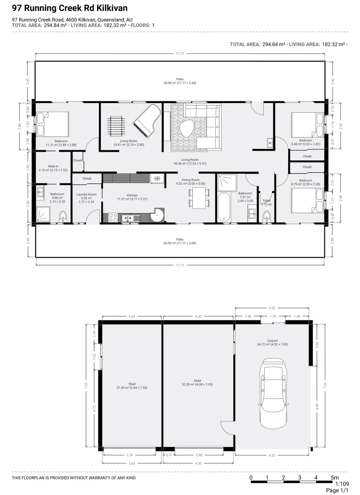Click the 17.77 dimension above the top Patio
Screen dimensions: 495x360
180,54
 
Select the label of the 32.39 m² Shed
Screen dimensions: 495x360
197,383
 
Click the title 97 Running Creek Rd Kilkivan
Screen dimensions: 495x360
70,9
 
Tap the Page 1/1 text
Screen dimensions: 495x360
337,490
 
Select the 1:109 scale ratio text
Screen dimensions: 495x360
342,484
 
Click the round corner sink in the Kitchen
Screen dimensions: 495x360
158,215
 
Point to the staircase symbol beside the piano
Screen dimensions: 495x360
117,125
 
